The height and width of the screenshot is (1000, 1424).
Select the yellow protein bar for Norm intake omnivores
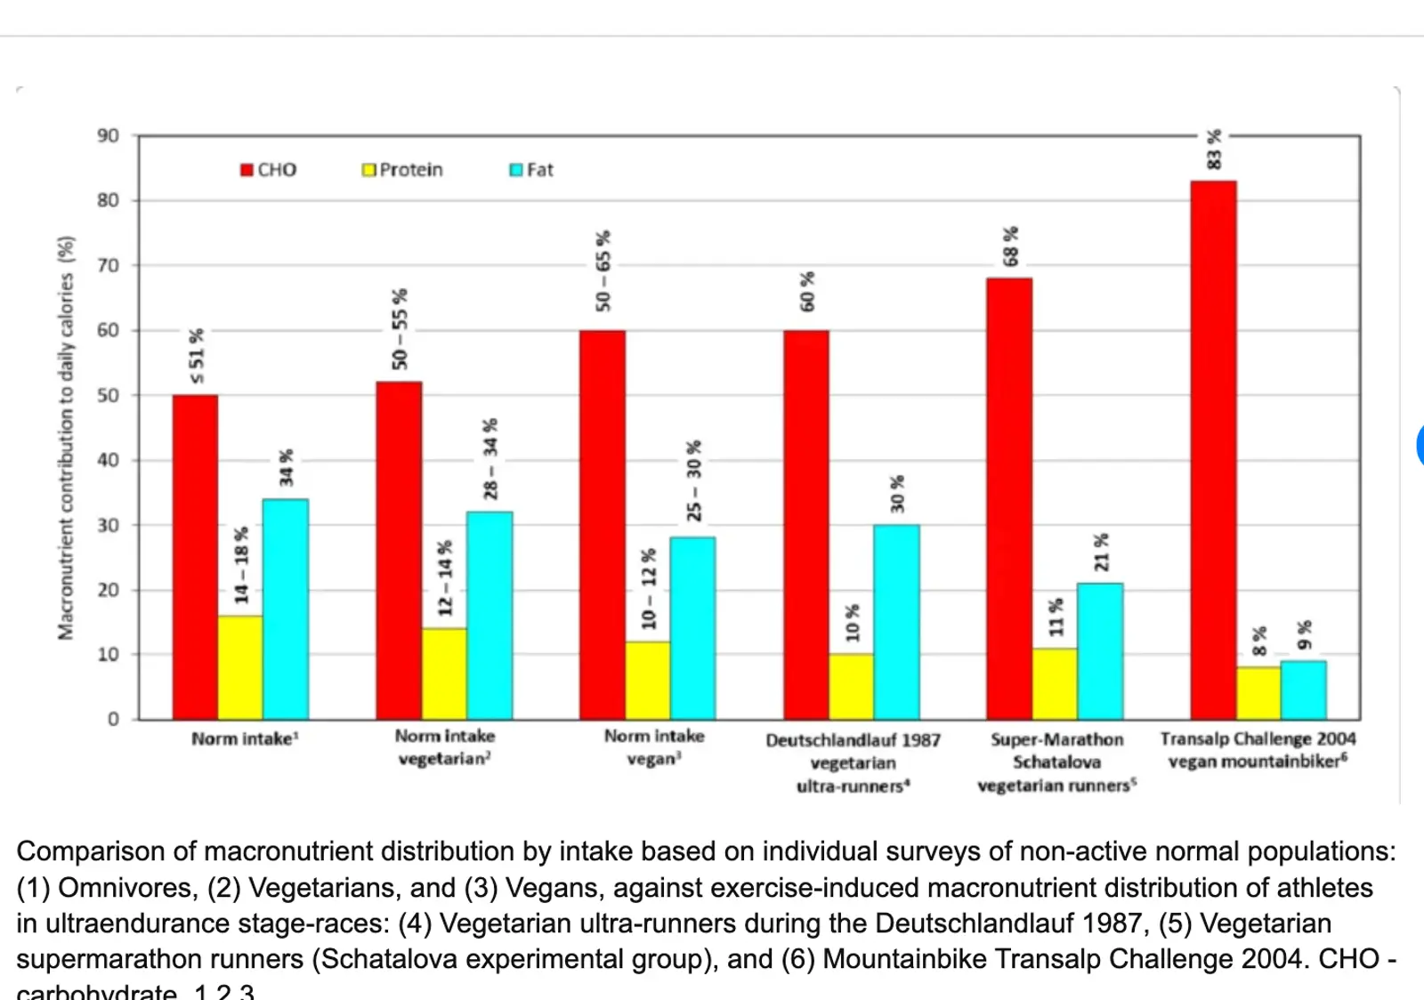pos(240,667)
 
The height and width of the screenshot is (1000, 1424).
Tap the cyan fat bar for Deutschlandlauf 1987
pos(896,622)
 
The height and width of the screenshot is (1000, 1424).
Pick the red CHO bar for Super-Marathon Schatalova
pos(1009,498)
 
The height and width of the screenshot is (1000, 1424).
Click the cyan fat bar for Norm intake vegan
pos(692,628)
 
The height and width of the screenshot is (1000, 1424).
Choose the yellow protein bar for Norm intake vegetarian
pos(444,673)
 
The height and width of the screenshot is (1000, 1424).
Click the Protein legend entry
pos(402,170)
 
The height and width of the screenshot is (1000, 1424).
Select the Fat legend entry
pos(531,170)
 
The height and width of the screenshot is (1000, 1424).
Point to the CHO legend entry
pos(269,170)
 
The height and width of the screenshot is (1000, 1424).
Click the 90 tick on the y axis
pos(108,136)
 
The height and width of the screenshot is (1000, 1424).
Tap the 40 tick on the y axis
pos(108,460)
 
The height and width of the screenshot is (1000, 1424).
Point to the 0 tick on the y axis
pos(113,719)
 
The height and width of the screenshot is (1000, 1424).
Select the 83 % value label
pos(1214,149)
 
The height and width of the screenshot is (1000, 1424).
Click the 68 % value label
pos(1010,246)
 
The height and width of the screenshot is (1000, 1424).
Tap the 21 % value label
pos(1101,552)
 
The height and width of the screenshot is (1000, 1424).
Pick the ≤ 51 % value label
pos(196,357)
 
